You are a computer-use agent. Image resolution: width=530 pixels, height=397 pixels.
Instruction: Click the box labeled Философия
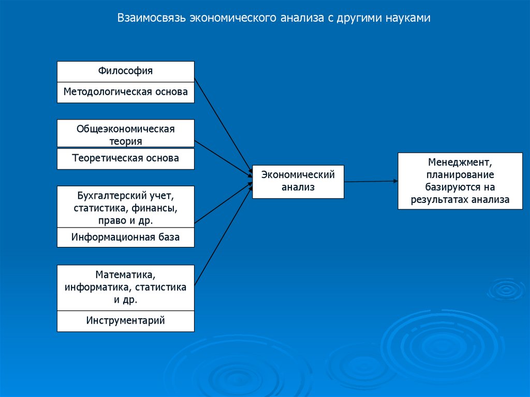pos(125,71)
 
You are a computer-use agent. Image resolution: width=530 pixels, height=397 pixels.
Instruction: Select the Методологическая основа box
pos(125,92)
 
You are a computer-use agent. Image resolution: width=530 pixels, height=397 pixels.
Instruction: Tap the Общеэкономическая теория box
pos(125,134)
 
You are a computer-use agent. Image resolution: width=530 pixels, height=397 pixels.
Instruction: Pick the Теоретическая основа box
pos(125,158)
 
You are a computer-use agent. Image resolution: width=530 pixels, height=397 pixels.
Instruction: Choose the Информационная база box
pos(125,238)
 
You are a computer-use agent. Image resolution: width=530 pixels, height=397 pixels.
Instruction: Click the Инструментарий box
pos(125,320)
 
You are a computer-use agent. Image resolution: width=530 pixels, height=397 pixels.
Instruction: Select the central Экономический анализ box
pos(298,181)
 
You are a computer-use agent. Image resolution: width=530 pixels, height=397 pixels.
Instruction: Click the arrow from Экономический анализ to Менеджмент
pos(371,181)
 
